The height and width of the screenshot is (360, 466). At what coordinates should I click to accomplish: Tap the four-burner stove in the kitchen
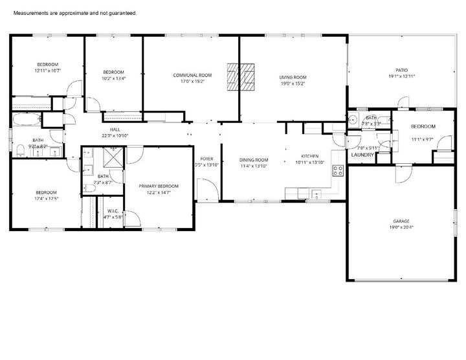(337, 170)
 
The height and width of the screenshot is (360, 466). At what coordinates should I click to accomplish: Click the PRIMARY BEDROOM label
(159, 186)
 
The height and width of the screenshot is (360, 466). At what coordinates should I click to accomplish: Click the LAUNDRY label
(361, 155)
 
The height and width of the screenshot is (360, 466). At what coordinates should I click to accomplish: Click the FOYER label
(206, 159)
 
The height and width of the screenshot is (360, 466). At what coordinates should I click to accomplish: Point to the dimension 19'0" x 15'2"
(293, 83)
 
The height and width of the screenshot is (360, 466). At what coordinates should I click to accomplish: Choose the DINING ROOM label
(254, 160)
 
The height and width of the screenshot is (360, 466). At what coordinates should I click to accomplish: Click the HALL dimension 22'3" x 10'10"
(115, 136)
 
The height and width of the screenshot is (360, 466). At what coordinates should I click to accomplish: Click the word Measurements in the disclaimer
(32, 13)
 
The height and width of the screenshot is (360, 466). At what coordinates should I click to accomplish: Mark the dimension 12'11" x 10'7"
(47, 71)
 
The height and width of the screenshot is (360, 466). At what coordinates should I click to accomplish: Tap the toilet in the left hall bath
(22, 152)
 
